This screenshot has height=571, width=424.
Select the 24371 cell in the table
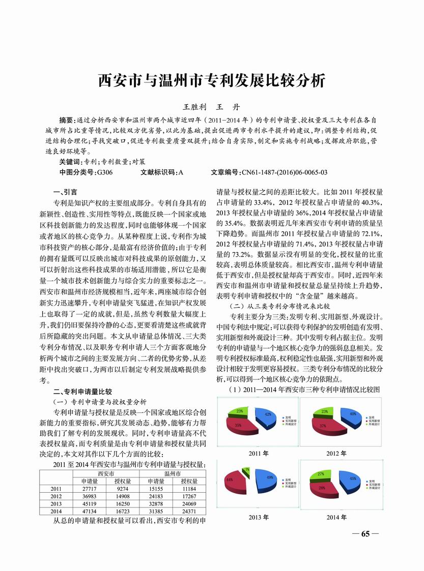click(189, 510)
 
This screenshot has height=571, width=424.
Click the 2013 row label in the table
click(56, 503)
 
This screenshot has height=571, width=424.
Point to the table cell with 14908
click(123, 496)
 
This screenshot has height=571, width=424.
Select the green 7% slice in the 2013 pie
click(246, 471)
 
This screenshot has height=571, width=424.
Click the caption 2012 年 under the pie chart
click(336, 453)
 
